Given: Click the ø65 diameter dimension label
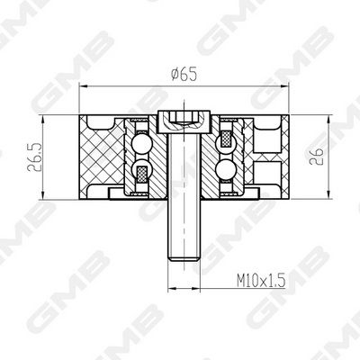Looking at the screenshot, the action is pyautogui.click(x=184, y=75).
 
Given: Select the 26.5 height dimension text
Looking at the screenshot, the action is pyautogui.click(x=32, y=157).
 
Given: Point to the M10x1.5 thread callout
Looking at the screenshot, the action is pyautogui.click(x=260, y=281).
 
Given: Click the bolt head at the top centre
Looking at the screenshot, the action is pyautogui.click(x=184, y=121).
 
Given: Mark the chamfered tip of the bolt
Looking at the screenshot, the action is pyautogui.click(x=184, y=259).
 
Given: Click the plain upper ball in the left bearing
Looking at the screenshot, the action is pyautogui.click(x=140, y=143).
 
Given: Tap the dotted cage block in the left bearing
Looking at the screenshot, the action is pyautogui.click(x=141, y=174).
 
